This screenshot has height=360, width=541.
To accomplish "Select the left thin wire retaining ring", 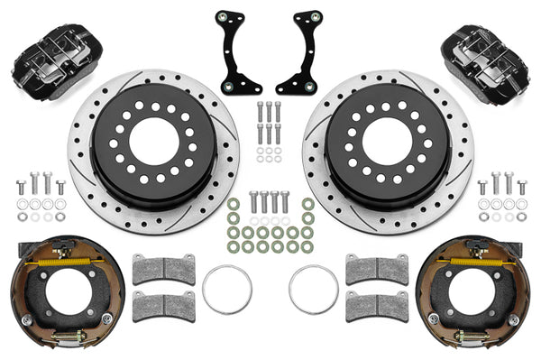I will [226, 289].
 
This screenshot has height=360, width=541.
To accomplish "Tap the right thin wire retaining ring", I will [313, 289].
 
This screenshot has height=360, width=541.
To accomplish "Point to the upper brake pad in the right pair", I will [376, 269].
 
